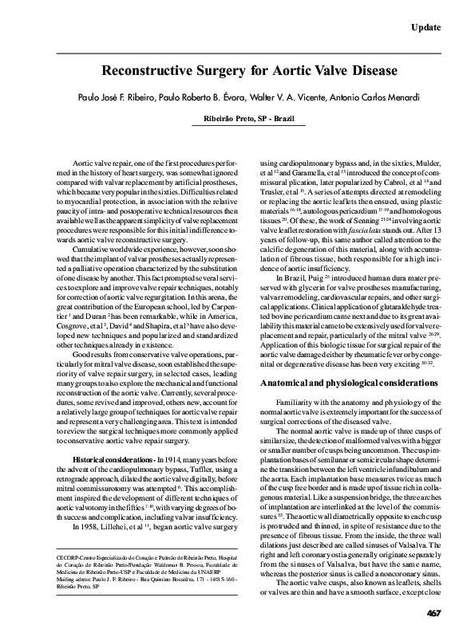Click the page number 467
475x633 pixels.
(434, 612)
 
